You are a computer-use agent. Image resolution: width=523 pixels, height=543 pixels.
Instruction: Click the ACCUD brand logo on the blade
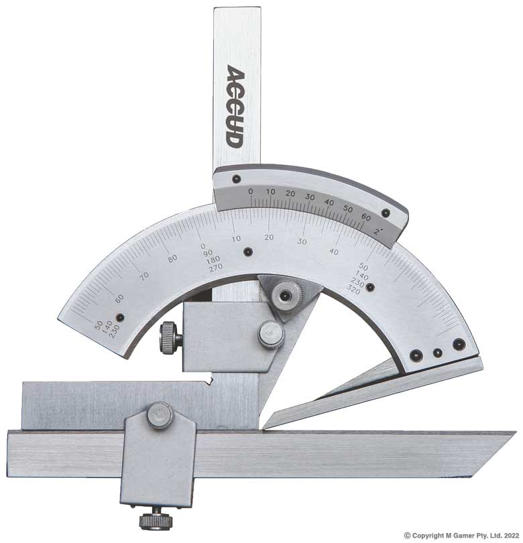234,106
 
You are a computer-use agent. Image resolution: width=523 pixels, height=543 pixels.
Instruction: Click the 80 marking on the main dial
172,259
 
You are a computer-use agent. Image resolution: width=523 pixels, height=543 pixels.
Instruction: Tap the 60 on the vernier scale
365,217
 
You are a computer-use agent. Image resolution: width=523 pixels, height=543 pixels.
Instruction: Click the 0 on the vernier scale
251,192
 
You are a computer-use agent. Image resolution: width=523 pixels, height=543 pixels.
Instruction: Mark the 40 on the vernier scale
329,202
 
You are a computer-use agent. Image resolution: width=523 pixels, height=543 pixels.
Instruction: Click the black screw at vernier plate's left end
237,179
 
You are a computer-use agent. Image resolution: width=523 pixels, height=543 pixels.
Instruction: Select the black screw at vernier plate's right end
386,213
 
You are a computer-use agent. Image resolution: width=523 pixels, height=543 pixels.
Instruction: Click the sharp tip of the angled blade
265,426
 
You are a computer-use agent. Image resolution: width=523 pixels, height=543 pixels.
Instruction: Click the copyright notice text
461,535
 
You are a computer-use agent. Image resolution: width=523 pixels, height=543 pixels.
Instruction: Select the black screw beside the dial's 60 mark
120,318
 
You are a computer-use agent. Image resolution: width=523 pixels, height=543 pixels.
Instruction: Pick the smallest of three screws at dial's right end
437,352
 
